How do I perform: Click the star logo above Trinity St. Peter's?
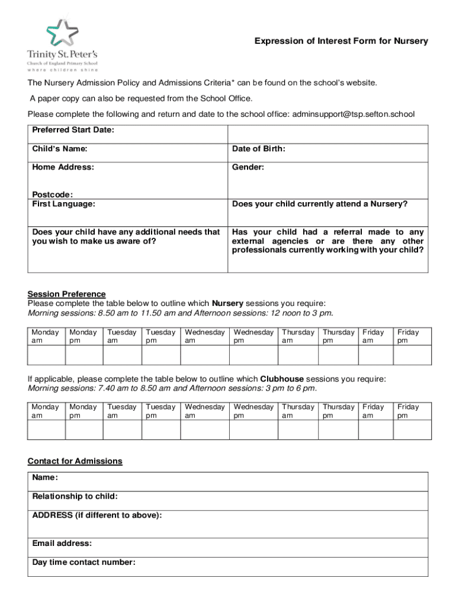62,33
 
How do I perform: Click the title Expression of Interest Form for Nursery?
341,41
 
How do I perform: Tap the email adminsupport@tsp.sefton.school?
352,114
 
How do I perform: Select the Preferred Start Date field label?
73,130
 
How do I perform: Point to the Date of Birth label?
259,149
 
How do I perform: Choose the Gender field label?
248,167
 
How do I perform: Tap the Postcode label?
53,194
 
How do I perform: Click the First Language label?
64,204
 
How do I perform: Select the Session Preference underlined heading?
67,294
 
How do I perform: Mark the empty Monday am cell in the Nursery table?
46,355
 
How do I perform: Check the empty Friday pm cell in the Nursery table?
412,355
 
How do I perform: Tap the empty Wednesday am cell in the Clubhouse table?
204,430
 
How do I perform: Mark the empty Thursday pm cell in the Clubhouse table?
338,430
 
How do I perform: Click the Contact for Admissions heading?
75,461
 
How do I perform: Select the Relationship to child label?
75,496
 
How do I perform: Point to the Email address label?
62,544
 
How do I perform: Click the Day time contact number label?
84,563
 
